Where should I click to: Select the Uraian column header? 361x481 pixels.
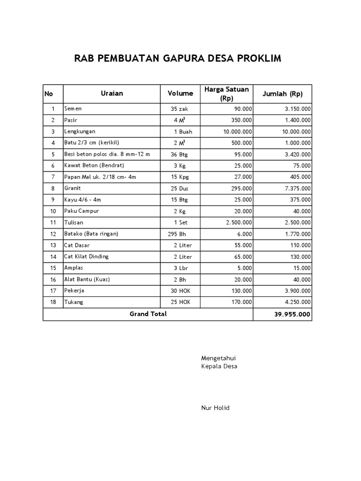coord(112,93)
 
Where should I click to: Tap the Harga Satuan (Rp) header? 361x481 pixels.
coord(227,93)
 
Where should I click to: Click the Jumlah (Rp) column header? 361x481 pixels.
coord(282,93)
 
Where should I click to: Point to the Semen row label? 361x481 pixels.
coord(73,109)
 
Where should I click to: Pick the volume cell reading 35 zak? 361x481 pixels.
coord(180,109)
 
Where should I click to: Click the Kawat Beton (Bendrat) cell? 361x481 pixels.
coord(91,165)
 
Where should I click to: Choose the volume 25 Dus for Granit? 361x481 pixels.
coord(181,188)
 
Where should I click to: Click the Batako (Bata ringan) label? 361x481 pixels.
coord(91,233)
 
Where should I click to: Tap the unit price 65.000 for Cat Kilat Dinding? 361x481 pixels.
coord(242,256)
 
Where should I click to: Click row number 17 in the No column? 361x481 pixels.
coord(53,291)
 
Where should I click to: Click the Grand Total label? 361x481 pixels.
coord(148,314)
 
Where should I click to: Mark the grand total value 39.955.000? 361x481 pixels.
coord(292,314)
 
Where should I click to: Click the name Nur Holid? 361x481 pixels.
coord(215,408)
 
